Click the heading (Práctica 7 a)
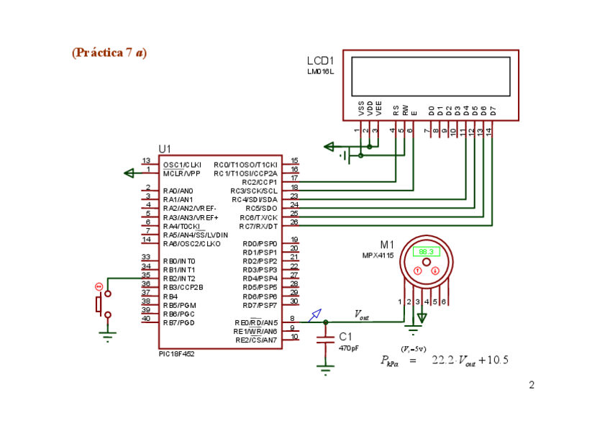tap(109, 53)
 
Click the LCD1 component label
tap(321, 61)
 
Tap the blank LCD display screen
tap(430, 76)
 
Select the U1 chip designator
tap(165, 149)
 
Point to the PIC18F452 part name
tap(177, 354)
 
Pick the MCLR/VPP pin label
tap(182, 173)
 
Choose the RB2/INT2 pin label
tap(179, 278)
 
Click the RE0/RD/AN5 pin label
tap(256, 322)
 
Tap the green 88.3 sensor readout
tap(426, 252)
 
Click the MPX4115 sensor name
tap(376, 256)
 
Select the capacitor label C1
tap(345, 336)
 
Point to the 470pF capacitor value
tap(348, 348)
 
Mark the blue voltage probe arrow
tap(315, 314)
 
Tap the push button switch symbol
tap(101, 304)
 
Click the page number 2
tap(532, 385)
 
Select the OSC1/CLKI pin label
tap(182, 165)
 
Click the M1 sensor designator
tap(387, 245)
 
